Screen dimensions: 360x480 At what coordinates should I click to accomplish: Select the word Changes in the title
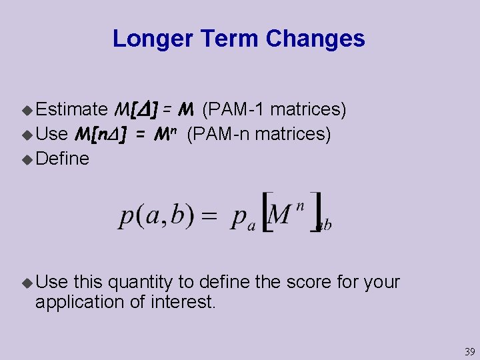click(315, 39)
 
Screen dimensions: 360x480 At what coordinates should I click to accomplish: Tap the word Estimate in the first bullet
click(72, 109)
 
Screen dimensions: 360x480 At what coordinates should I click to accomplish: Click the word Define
click(62, 159)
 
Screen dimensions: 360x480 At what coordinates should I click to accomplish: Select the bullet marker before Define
click(27, 159)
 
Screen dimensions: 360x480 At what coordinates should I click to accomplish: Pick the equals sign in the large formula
click(211, 217)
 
